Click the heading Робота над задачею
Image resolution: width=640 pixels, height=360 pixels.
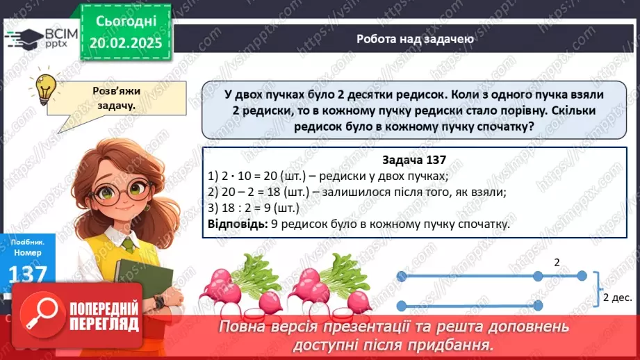coord(415,39)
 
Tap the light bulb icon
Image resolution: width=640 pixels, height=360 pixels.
coord(46,88)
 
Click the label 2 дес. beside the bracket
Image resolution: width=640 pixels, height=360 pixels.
coord(617,297)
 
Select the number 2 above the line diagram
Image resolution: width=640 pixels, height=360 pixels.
coord(557,263)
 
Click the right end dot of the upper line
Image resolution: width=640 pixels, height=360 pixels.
coord(583,277)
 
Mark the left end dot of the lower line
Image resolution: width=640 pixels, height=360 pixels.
coord(402,305)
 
